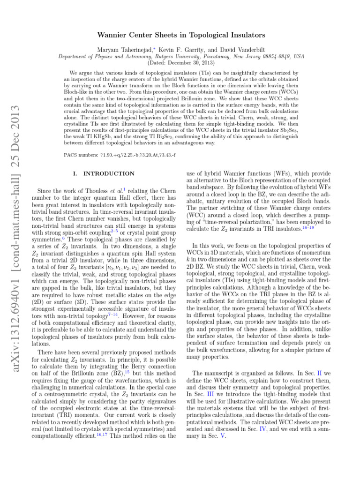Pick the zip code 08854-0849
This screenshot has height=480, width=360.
pos(277,56)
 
